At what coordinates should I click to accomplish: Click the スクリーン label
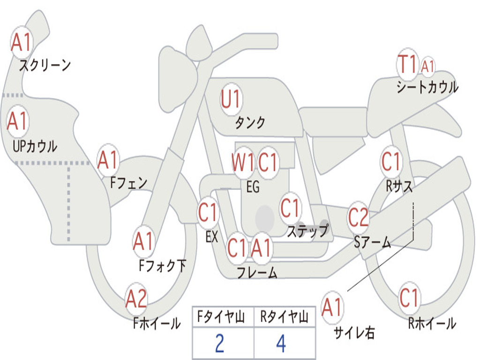click(x=45, y=65)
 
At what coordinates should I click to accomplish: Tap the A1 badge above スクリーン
click(x=21, y=43)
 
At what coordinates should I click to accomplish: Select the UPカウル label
click(x=35, y=146)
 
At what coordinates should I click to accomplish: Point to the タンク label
click(x=250, y=123)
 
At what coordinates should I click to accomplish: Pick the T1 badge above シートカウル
click(x=407, y=65)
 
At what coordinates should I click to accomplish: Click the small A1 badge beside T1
click(x=427, y=67)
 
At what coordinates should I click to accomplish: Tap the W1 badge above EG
click(x=243, y=163)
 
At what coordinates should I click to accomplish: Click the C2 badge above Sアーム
click(x=359, y=217)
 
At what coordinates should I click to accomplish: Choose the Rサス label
click(x=399, y=186)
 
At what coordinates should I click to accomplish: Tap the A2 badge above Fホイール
click(x=136, y=299)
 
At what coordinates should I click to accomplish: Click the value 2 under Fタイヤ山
click(x=219, y=344)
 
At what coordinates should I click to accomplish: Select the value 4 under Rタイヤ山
click(x=281, y=344)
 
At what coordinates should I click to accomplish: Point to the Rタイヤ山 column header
click(x=284, y=318)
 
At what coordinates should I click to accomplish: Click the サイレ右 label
click(x=354, y=332)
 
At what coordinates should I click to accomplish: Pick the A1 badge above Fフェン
click(x=108, y=161)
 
